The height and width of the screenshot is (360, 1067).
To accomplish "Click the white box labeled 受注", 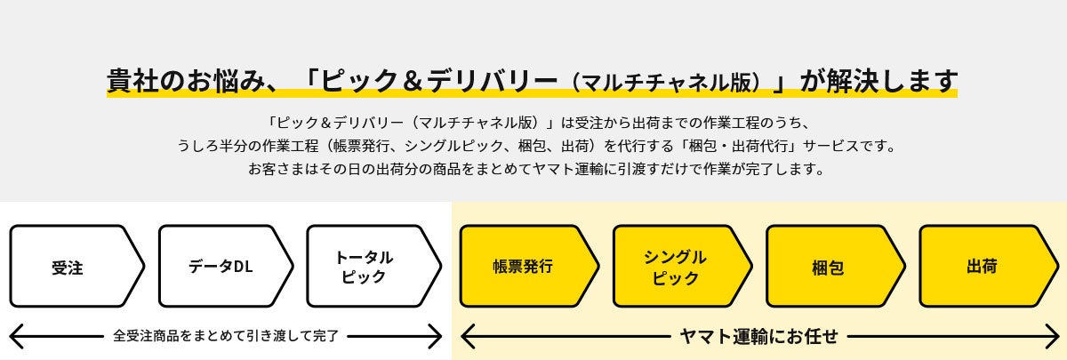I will point(71,266).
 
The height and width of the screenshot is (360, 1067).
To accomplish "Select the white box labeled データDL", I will point(221,266).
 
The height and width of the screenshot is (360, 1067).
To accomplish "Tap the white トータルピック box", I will point(366,266).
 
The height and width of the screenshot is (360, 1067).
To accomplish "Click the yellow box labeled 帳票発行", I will point(523,266).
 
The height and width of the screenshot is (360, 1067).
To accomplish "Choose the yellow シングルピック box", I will point(676,266).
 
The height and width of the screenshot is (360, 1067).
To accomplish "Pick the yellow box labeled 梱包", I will point(828,266).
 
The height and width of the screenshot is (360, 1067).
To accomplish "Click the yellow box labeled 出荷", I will point(982,266).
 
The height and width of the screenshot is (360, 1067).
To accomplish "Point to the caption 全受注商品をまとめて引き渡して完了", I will point(226,336).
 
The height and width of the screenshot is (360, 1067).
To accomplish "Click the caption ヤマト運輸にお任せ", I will point(758,336).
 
